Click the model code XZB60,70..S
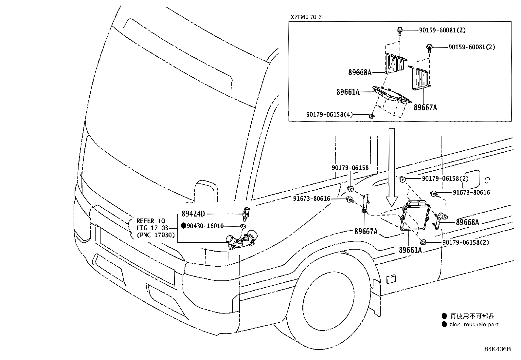pos(306,17)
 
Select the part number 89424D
pos(193,214)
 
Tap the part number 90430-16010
pos(205,226)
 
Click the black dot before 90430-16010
pos(184,225)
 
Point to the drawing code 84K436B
pos(498,349)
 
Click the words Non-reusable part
pos(474,324)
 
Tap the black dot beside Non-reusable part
pos(444,324)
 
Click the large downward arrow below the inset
pos(392,167)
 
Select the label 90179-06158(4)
pos(329,114)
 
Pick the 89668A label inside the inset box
pos(360,72)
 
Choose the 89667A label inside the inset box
pos(425,107)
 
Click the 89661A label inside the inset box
pos(348,92)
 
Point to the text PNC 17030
pos(155,235)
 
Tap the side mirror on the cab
pos(206,192)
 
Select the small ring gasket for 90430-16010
pos(243,226)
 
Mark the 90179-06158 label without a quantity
pos(350,168)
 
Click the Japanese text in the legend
pos(472,316)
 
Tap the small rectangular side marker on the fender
pos(391,279)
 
